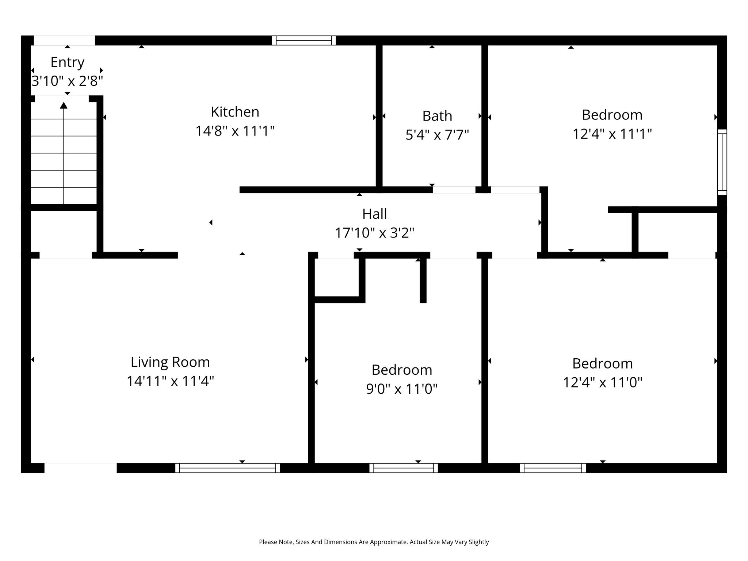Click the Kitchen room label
pos(235,112)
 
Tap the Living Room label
pos(170,362)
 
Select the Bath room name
pos(437,116)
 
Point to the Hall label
pos(374,214)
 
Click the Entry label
pos(68,63)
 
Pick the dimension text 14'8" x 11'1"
pos(235,131)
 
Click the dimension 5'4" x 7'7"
pos(437,135)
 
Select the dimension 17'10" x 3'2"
pos(374,233)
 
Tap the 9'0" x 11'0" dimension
pos(402,389)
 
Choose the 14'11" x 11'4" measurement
pos(170,381)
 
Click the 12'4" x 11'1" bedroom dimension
pos(612,134)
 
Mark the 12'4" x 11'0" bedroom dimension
pos(603,382)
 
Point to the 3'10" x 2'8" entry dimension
pos(67,81)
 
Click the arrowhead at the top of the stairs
pos(64,106)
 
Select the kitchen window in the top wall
pos(304,40)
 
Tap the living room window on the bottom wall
pos(228,468)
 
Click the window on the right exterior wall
pos(722,162)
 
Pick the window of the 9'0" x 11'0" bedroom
pos(404,468)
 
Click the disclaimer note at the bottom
pos(374,542)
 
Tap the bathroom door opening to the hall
pos(454,190)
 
